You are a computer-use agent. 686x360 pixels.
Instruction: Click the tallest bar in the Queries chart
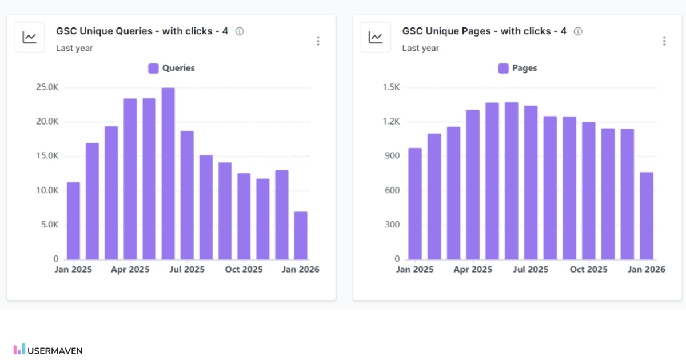(168, 174)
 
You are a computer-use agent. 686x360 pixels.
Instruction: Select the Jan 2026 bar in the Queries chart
(301, 235)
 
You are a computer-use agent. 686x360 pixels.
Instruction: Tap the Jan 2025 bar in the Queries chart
(73, 221)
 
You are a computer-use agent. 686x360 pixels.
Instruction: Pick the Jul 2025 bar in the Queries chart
(187, 195)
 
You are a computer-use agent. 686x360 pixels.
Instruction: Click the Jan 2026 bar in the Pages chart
(647, 216)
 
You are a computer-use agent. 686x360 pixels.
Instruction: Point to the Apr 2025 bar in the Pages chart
(473, 185)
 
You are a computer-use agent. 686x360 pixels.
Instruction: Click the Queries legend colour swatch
(153, 68)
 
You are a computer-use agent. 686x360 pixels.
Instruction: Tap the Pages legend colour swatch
(503, 68)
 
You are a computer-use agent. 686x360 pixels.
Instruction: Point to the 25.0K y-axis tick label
(47, 87)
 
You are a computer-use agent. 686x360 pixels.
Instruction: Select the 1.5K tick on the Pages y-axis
(392, 87)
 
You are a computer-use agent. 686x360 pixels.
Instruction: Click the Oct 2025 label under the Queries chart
(244, 269)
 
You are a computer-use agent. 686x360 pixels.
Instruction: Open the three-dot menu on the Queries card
(318, 41)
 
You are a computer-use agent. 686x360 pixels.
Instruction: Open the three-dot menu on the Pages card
(664, 41)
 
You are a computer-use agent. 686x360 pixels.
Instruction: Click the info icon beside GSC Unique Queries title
(240, 31)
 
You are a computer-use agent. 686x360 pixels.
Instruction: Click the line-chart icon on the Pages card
(376, 38)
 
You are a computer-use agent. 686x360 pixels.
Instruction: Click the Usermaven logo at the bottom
(48, 350)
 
